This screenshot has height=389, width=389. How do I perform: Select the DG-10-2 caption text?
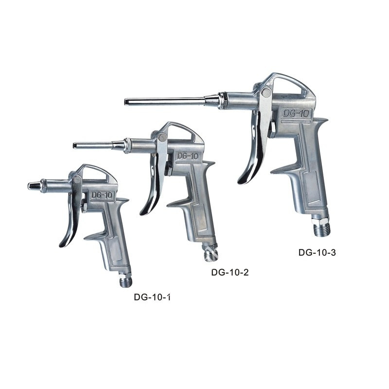tap(230, 272)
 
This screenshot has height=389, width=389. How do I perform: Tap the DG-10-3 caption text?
tap(317, 252)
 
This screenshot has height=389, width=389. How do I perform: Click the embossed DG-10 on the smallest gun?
tap(102, 195)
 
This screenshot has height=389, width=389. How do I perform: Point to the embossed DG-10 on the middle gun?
tap(187, 156)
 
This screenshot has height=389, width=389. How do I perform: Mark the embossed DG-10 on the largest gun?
tap(295, 113)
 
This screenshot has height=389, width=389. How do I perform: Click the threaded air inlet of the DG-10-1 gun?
tap(126, 281)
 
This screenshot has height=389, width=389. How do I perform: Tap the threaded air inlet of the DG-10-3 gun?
tap(321, 229)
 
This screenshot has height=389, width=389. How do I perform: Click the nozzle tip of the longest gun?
tap(127, 102)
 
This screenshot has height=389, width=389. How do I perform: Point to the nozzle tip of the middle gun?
tap(76, 145)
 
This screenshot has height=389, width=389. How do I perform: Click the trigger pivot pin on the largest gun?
tap(265, 92)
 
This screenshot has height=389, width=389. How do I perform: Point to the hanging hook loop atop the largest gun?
tap(292, 83)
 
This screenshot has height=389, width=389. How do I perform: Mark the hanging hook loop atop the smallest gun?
tap(100, 172)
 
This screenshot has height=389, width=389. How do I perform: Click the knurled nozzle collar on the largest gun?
tap(222, 101)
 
